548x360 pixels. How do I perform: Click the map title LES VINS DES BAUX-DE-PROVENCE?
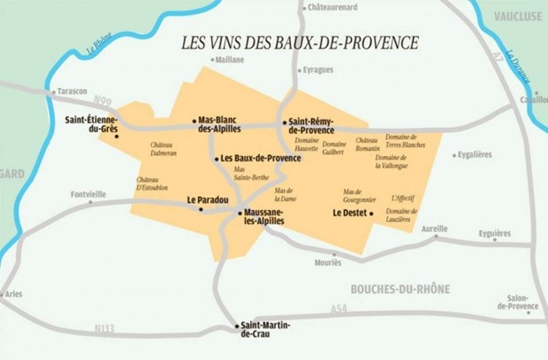(300, 43)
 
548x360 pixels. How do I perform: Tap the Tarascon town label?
(72, 91)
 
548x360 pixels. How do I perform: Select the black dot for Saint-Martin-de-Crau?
(237, 326)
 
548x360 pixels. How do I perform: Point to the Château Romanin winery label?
(368, 144)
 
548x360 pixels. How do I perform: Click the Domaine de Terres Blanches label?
(405, 141)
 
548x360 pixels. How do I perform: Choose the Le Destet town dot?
(371, 213)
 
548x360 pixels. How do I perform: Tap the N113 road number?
(104, 328)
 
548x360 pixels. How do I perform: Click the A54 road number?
(339, 309)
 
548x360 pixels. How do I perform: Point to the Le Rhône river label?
(99, 44)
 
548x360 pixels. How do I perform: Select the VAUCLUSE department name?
(517, 16)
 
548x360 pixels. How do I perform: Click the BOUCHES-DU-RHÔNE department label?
(400, 289)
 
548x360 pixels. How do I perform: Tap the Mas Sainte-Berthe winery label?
(251, 173)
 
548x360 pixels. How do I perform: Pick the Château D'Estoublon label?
(152, 184)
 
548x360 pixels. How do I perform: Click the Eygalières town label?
(474, 155)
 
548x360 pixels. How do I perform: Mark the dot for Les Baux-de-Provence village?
(216, 159)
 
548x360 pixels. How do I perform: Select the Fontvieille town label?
(88, 194)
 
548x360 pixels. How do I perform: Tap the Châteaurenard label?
(332, 7)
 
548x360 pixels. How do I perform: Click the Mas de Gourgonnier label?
(359, 196)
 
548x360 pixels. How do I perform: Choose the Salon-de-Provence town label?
(518, 302)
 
